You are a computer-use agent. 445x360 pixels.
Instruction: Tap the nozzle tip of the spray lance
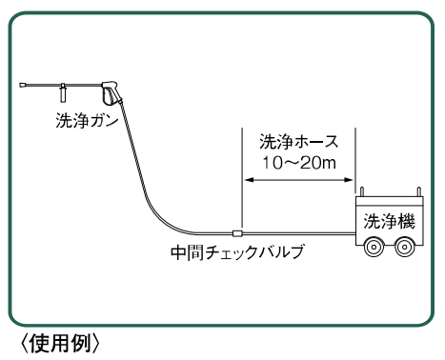21,87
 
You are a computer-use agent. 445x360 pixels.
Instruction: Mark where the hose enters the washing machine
355,234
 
